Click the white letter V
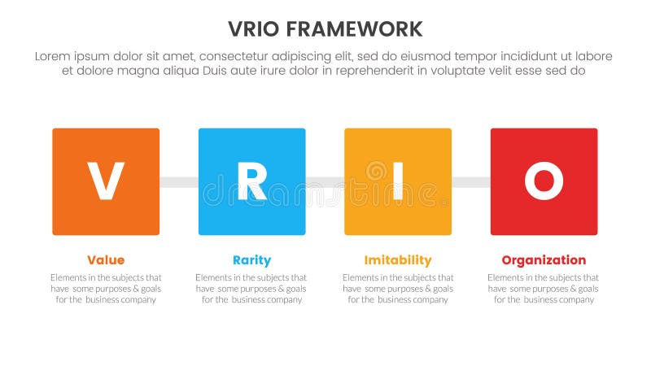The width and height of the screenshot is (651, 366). (106, 181)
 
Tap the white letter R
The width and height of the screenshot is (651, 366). (251, 181)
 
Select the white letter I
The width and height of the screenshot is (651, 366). (398, 181)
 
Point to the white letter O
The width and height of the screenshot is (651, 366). (544, 181)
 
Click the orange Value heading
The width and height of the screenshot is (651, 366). (106, 260)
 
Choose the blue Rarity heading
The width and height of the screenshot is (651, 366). (251, 260)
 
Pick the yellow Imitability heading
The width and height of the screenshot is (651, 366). (398, 260)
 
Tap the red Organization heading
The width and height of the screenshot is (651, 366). (544, 260)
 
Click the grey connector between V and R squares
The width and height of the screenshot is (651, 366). (179, 182)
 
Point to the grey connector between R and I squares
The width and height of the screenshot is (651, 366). (325, 182)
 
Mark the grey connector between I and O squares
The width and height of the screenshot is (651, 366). (471, 182)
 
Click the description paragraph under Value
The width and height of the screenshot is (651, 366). (106, 289)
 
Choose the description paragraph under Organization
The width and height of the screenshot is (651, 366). (544, 289)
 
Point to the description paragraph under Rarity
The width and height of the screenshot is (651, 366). (251, 289)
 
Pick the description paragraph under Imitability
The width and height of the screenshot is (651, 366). (398, 289)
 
